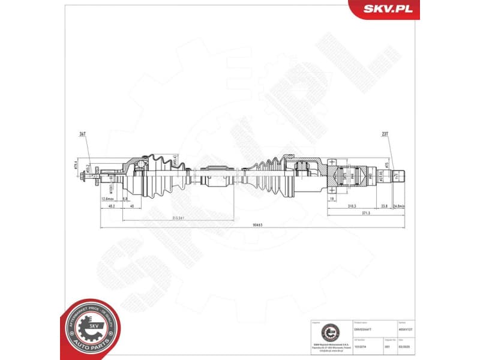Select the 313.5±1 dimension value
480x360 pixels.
[176, 218]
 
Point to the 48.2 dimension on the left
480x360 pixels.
[112, 206]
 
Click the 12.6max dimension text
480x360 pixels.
[108, 199]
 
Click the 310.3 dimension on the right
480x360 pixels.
[351, 206]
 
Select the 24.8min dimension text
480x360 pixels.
[400, 206]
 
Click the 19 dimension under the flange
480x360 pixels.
[332, 197]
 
